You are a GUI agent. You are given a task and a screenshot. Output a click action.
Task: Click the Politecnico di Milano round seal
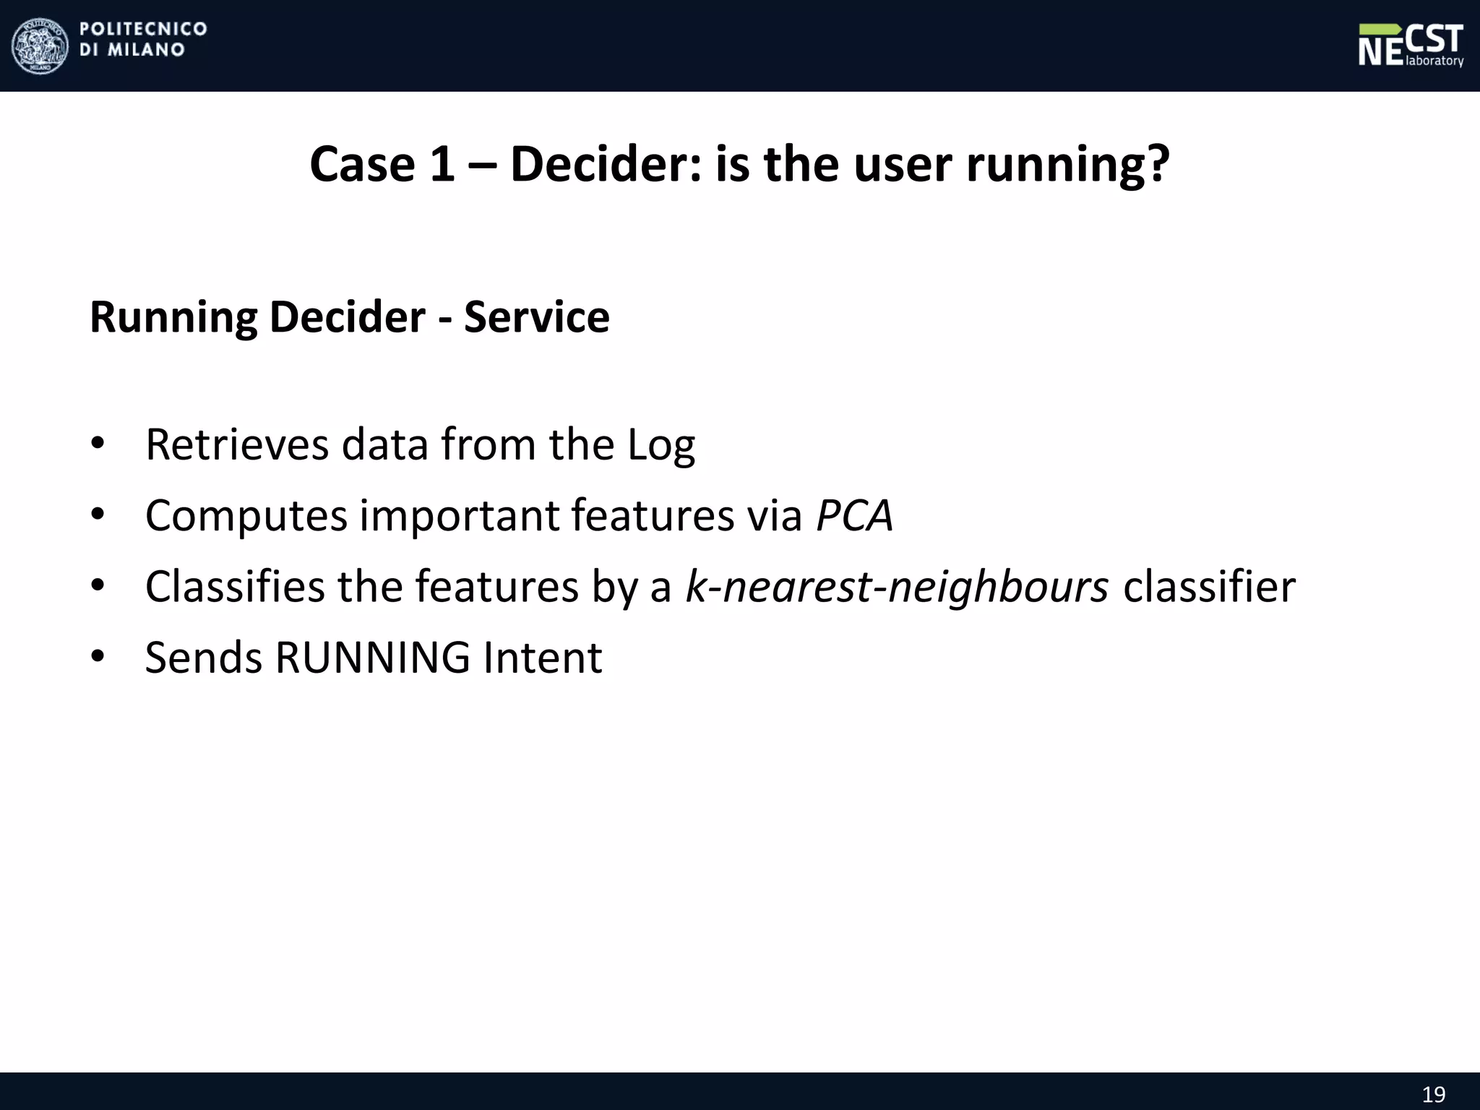(40, 46)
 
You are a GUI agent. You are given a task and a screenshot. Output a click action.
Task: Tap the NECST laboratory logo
(1410, 46)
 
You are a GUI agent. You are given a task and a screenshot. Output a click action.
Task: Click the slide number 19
(1434, 1094)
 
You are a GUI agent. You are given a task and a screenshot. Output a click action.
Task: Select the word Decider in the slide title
(606, 164)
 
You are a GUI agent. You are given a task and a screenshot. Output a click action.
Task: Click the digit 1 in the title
(442, 164)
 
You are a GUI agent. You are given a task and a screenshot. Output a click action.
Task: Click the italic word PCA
(854, 515)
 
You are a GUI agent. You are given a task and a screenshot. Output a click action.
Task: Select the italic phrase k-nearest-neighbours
(897, 586)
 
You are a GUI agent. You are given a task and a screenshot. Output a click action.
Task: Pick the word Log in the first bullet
(661, 444)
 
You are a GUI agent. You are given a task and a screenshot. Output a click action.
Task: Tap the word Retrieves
(237, 444)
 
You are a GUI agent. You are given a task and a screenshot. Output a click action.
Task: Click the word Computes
(246, 515)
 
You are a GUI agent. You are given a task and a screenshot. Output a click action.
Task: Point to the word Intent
(542, 658)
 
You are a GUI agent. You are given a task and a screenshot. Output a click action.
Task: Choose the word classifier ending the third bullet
(1209, 586)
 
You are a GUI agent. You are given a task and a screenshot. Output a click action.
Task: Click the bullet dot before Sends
(98, 656)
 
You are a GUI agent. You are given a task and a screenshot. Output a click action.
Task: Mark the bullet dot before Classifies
(98, 585)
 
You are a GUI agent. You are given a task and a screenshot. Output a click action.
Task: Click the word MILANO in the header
(146, 51)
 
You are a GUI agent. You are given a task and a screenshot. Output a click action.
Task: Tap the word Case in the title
(361, 164)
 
